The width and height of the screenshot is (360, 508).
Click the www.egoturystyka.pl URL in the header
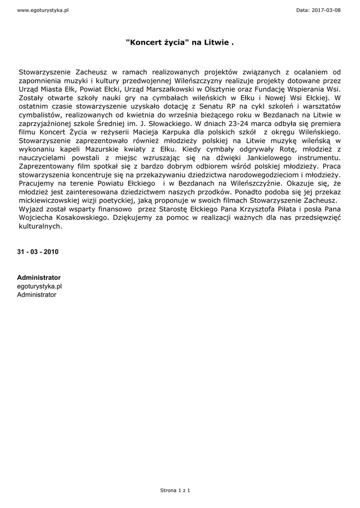pos(43,10)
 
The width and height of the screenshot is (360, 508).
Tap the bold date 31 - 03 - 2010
pos(38,252)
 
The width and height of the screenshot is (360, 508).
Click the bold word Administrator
pos(39,277)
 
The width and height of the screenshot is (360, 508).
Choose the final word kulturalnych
pos(40,226)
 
